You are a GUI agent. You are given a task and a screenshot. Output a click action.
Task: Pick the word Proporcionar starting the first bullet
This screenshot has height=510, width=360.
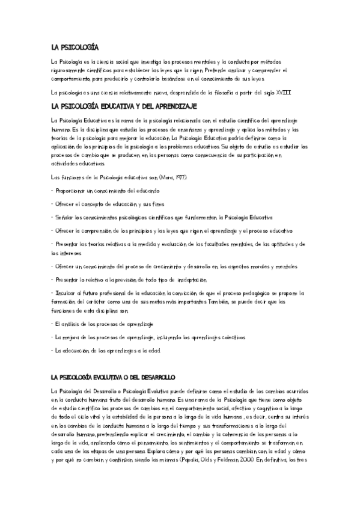(x=72, y=190)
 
